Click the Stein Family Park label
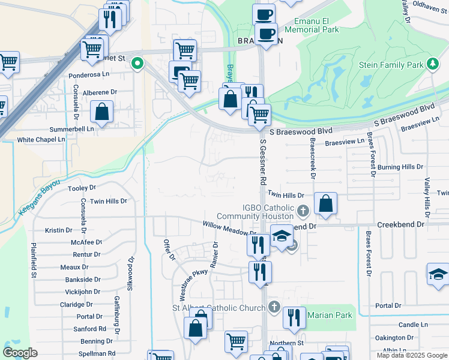click(391, 64)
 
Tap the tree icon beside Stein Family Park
click(432, 64)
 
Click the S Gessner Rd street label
click(263, 161)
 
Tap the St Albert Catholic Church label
click(218, 308)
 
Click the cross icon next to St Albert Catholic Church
click(274, 307)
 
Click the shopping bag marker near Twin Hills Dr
click(325, 204)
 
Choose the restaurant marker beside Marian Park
click(294, 318)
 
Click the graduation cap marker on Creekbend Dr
click(281, 235)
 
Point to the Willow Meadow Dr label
click(229, 229)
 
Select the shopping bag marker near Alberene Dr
click(103, 112)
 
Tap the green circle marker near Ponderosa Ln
click(137, 62)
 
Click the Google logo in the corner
click(20, 353)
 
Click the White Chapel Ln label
click(41, 140)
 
